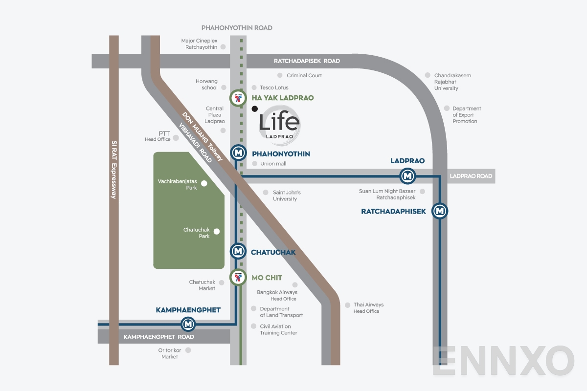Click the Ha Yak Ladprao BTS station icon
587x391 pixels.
[238, 98]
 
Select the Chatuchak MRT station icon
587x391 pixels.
[238, 252]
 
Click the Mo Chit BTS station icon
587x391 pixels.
[238, 278]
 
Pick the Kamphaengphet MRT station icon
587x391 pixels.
[188, 324]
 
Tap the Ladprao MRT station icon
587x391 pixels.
[407, 175]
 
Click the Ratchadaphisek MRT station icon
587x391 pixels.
[440, 211]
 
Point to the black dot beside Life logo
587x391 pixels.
[254, 109]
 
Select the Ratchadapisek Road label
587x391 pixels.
[307, 61]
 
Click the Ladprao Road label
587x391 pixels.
[471, 176]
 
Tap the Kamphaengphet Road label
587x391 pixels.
[158, 337]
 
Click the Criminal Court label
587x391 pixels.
[304, 75]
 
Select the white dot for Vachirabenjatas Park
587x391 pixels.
[204, 184]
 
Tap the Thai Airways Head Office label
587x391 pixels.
[368, 308]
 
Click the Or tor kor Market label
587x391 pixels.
[170, 353]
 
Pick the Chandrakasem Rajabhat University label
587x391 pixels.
[452, 82]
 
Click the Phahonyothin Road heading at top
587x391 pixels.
[237, 28]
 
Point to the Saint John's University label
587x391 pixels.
[287, 195]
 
